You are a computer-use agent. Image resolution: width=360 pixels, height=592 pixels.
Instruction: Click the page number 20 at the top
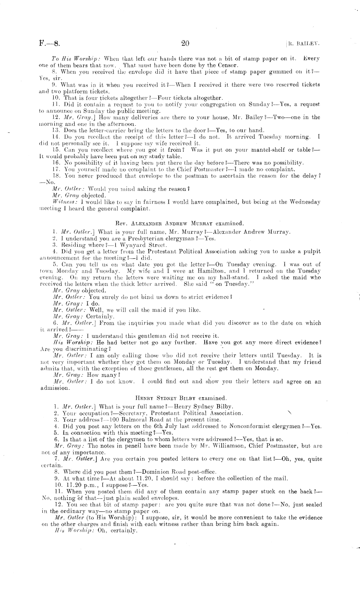coord(185,43)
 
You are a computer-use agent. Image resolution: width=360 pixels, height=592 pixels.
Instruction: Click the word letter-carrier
coord(87,130)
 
